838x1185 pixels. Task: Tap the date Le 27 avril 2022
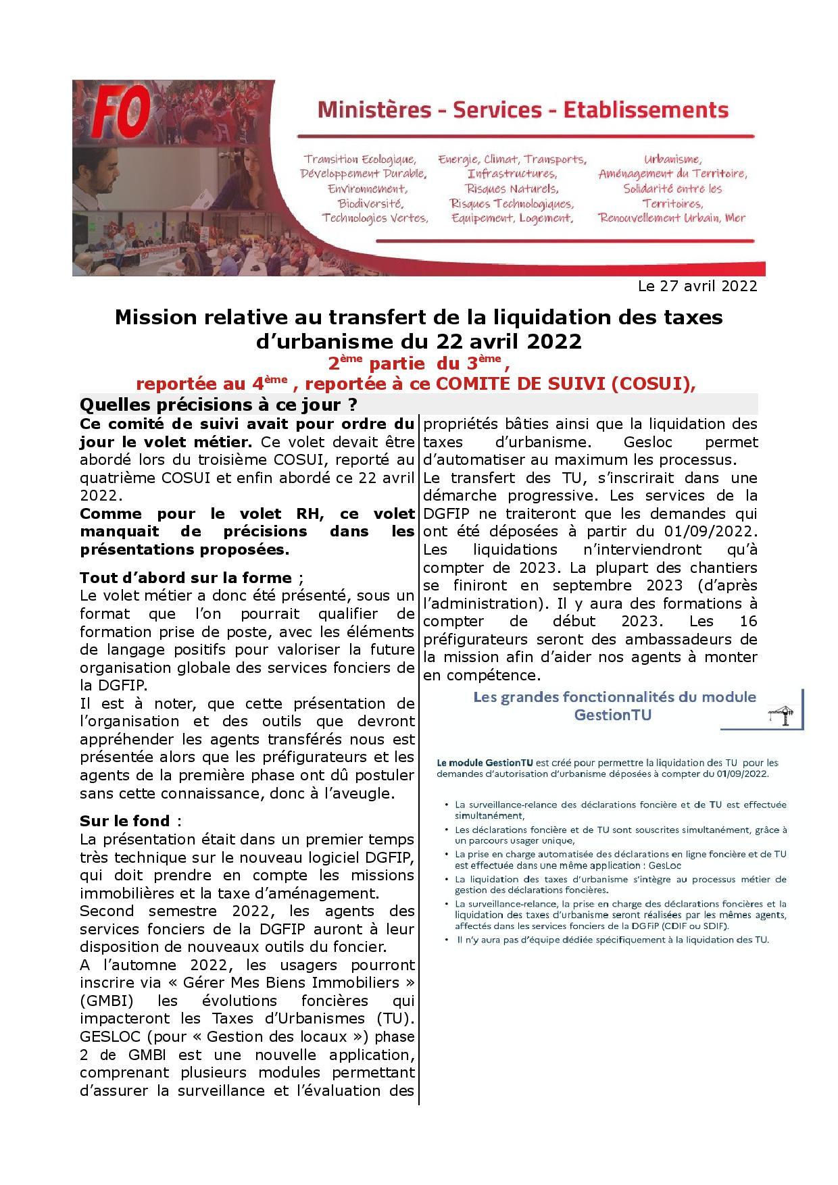[x=697, y=286]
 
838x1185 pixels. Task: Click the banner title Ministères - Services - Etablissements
[x=522, y=109]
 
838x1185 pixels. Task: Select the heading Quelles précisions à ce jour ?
[x=218, y=405]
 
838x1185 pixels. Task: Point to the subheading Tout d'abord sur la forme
[x=186, y=578]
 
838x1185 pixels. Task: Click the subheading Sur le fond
[x=125, y=821]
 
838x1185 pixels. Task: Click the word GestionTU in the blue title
[x=613, y=714]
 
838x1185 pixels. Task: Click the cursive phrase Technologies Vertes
[x=375, y=218]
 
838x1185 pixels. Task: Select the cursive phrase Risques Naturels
[x=512, y=188]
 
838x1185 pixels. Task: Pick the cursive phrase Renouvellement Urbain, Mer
[x=672, y=218]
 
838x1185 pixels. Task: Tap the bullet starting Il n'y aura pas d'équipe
[x=612, y=940]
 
